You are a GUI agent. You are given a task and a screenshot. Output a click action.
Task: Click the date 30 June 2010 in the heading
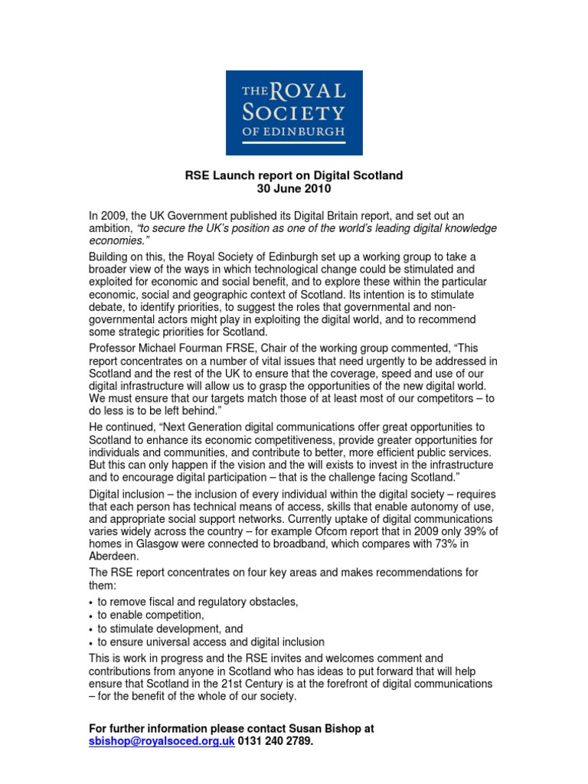(x=294, y=188)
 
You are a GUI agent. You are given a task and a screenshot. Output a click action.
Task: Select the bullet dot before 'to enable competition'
(x=91, y=616)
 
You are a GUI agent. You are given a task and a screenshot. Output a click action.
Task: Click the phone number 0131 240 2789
(x=276, y=742)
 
